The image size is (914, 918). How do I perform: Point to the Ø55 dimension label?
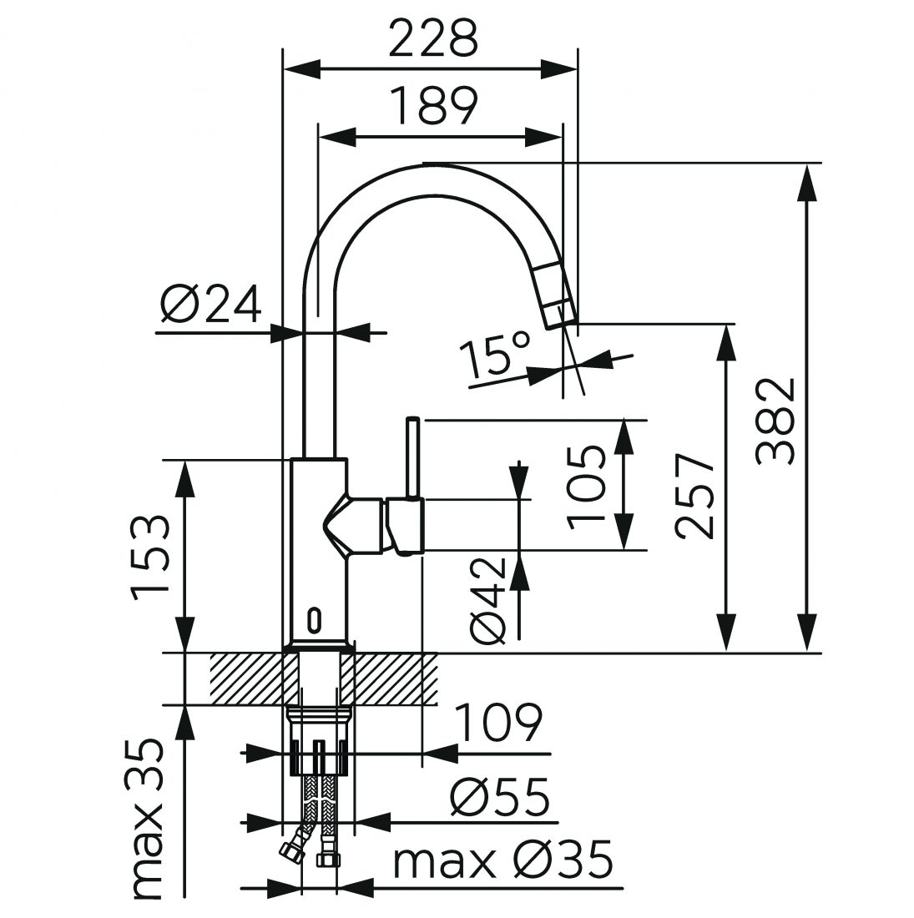501,799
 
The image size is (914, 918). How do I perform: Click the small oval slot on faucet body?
315,619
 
